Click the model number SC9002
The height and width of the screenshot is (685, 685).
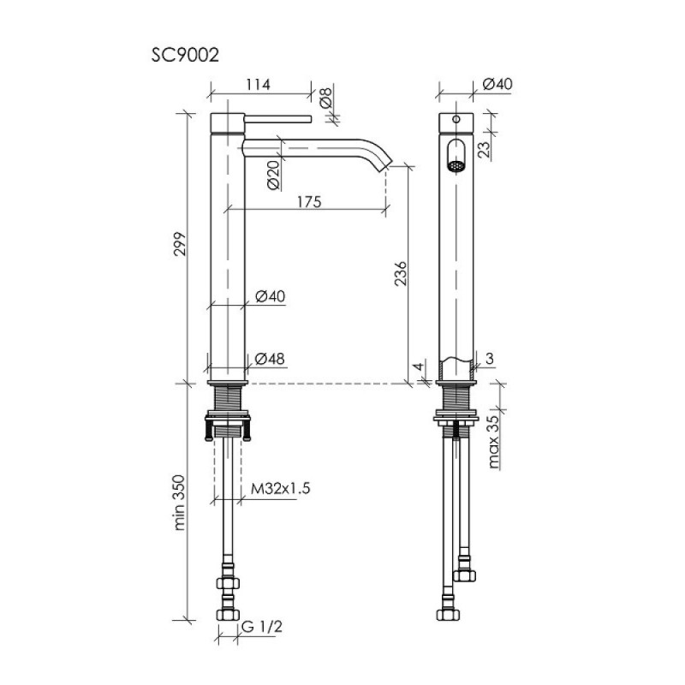tap(185, 56)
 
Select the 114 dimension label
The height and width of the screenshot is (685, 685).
tap(258, 84)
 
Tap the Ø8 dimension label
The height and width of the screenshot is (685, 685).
tap(326, 98)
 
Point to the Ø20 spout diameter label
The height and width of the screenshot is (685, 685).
tap(273, 175)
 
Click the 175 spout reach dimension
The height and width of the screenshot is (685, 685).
tap(309, 202)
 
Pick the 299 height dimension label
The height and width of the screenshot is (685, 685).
tap(181, 244)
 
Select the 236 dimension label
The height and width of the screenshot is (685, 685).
tap(401, 273)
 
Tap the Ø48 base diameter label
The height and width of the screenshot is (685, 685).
tap(270, 359)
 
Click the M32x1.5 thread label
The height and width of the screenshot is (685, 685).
tap(281, 488)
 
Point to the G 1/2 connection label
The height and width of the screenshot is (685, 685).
tap(262, 627)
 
